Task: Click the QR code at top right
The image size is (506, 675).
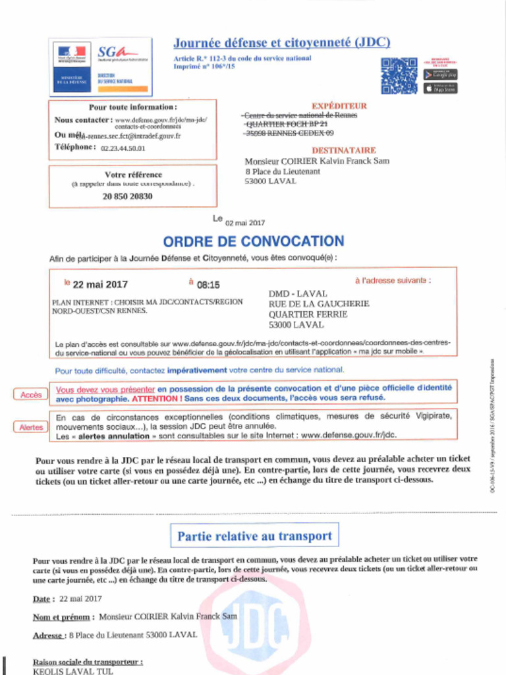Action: pos(399,76)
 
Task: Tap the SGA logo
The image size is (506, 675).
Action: pos(118,53)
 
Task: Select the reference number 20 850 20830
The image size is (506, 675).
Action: pos(127,196)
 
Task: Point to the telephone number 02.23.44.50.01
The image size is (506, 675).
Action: pos(123,148)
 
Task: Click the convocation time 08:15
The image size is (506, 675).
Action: pos(208,285)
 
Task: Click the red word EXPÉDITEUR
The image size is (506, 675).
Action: pos(339,105)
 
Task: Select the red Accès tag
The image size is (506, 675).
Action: pos(31,394)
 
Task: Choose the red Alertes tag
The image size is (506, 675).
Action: pos(31,427)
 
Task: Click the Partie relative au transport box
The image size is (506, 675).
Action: pos(254,536)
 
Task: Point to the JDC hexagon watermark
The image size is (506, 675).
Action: pos(255,626)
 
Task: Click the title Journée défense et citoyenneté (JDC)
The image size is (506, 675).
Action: pos(281,43)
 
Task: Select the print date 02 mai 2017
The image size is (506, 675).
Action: pos(245,223)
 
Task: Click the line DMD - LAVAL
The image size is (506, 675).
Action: pos(298,293)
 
